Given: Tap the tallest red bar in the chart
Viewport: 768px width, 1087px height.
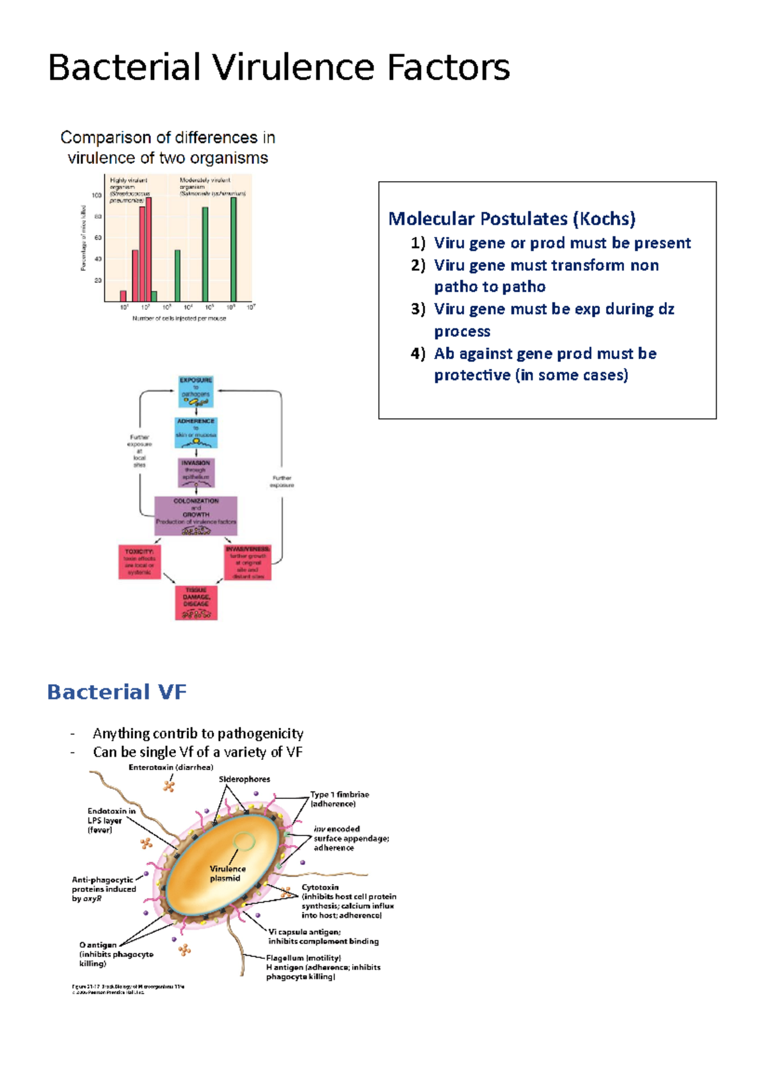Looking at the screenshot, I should tap(148, 250).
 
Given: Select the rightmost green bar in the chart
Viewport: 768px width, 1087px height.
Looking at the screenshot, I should tap(234, 250).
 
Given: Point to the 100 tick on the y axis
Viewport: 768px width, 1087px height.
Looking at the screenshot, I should tap(97, 195).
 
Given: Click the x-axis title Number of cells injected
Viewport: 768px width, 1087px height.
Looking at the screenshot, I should tap(179, 318).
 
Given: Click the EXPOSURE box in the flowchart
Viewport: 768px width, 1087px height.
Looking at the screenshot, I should tap(196, 391).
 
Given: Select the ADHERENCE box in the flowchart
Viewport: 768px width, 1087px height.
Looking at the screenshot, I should tap(196, 432).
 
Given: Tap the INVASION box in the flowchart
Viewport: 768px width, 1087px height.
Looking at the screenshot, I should tap(196, 472).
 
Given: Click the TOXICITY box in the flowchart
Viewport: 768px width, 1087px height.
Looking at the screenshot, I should tap(140, 562).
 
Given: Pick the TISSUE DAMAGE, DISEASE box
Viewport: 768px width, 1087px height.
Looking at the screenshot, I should tap(196, 602).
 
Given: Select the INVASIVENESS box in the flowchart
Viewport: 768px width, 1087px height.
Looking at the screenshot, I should tap(248, 562).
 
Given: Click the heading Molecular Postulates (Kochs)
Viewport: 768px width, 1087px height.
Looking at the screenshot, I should tap(511, 219).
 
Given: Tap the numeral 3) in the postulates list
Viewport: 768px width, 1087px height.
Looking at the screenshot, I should tap(418, 309).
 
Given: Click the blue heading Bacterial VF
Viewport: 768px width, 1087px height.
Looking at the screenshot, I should tap(116, 692).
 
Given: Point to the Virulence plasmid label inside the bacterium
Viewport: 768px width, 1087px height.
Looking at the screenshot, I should tap(227, 873).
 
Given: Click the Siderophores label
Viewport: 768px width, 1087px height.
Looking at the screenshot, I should tap(244, 779).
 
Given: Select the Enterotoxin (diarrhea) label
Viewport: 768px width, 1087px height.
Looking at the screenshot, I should tap(171, 767).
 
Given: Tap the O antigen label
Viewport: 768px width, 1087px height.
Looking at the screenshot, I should tap(98, 945).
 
